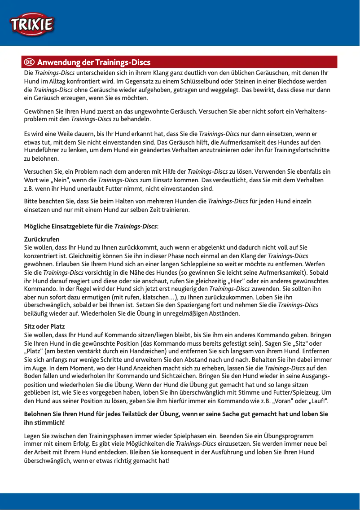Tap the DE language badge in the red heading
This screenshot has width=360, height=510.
pos(30,62)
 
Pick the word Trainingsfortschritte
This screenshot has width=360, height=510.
pos(300,150)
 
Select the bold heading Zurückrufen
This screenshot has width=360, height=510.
pos(41,239)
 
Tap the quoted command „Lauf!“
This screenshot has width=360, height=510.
pos(313,400)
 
